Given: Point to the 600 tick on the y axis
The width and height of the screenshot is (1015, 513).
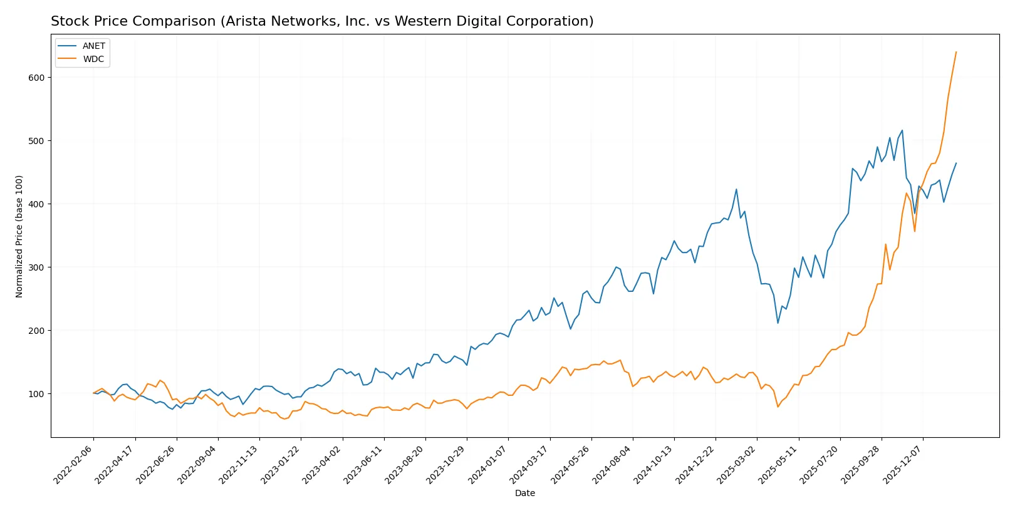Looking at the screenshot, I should [36, 78].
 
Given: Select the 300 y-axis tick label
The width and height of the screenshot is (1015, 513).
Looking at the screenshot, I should [36, 267].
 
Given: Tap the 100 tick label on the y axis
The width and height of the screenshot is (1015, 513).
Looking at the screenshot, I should [36, 394].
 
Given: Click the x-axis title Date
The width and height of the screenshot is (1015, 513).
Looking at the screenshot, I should [525, 494].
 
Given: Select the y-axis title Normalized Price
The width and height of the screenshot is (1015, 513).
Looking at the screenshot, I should [19, 236].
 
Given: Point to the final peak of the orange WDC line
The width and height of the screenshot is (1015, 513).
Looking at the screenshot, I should [956, 52].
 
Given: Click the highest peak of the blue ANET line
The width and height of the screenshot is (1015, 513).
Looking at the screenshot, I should [902, 130].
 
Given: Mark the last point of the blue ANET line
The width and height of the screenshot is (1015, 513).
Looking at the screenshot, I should [956, 163].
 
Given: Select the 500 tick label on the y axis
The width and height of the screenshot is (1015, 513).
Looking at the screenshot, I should [36, 141].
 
